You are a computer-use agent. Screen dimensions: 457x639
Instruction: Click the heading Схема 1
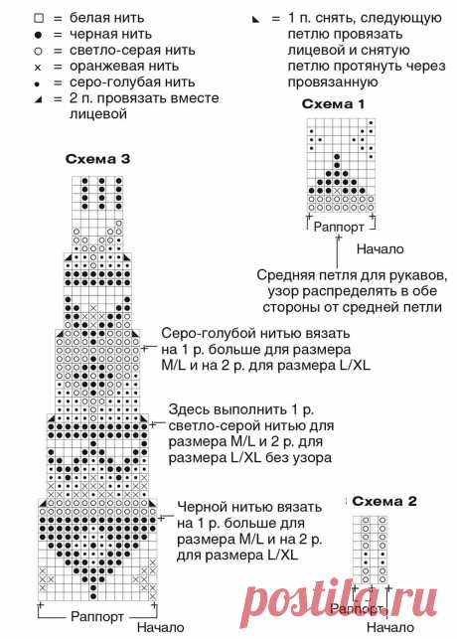[x=333, y=104]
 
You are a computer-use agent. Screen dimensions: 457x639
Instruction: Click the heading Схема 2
[x=384, y=501]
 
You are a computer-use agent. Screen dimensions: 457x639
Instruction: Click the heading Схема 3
[x=97, y=159]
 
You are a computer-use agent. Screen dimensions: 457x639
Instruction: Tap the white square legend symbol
[x=39, y=18]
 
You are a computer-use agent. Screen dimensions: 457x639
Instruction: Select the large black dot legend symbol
[x=39, y=35]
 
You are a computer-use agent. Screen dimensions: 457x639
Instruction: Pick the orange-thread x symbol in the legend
[x=38, y=68]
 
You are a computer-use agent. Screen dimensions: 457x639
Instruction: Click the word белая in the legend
[x=88, y=18]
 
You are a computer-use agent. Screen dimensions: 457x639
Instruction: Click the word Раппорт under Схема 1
[x=339, y=227]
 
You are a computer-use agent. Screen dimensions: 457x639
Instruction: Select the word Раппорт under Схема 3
[x=97, y=616]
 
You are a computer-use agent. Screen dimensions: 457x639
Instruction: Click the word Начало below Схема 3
[x=160, y=627]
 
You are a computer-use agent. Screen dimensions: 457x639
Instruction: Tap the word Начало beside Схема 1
[x=380, y=249]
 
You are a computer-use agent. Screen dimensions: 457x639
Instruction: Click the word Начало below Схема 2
[x=390, y=627]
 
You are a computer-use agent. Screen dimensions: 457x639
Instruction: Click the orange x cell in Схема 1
[x=337, y=191]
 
